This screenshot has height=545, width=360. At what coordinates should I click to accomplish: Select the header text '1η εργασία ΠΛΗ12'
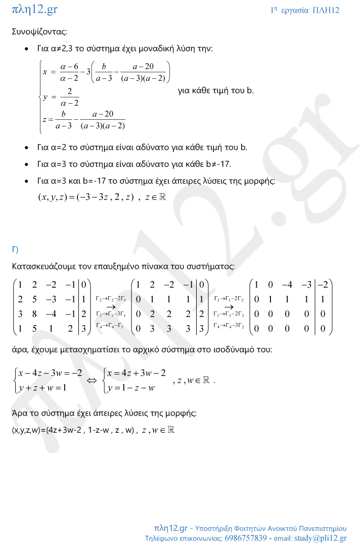pos(305,10)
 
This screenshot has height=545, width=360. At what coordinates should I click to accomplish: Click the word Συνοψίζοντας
pos(39,31)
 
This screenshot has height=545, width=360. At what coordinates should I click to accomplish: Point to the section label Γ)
pos(15,249)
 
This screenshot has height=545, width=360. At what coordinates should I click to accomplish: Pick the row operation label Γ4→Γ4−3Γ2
pos(230,325)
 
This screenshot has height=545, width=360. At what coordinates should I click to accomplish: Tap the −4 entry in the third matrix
pos(289,285)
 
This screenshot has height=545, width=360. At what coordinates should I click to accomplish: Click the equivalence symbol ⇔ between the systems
pos(92,381)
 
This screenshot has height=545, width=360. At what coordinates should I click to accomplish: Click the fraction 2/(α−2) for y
pos(69,97)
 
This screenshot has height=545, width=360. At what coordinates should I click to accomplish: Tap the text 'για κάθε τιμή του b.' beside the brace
pos(216,91)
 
